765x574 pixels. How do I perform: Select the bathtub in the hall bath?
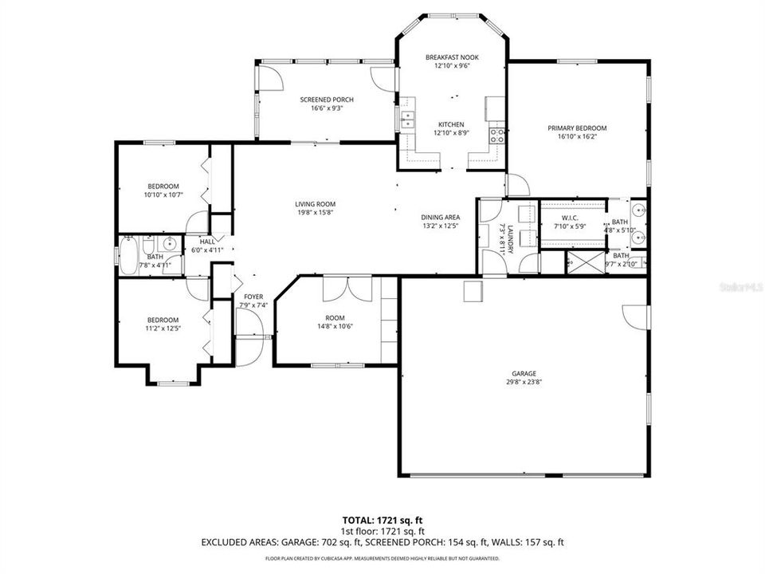click(x=127, y=255)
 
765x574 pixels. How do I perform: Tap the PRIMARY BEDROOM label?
click(x=577, y=128)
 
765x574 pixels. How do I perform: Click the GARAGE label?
click(x=524, y=373)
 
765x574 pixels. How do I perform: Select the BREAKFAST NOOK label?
click(x=451, y=57)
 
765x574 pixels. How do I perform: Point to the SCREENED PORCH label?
click(x=327, y=100)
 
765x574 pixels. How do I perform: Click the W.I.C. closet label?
click(x=569, y=218)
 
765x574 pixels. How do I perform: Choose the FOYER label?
click(x=253, y=297)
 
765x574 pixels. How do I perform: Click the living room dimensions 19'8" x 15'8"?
click(x=315, y=212)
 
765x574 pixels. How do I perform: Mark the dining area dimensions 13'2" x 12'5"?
click(x=441, y=226)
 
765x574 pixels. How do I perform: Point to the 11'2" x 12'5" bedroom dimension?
click(x=162, y=328)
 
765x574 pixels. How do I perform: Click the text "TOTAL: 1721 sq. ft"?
click(x=382, y=519)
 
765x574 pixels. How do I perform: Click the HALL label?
click(x=207, y=242)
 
